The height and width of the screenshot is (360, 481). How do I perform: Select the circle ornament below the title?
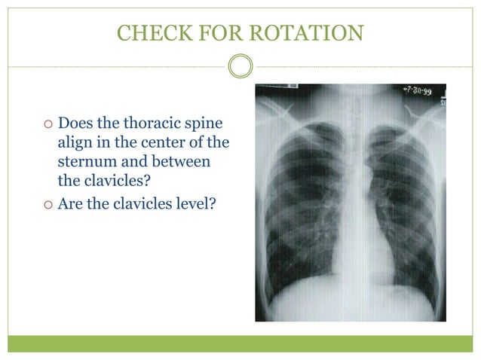pyautogui.click(x=240, y=66)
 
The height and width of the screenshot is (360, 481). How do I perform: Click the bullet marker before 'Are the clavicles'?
pyautogui.click(x=47, y=202)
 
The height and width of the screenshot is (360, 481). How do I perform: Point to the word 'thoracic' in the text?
pyautogui.click(x=157, y=123)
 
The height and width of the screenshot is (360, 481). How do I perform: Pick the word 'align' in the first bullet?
pyautogui.click(x=74, y=142)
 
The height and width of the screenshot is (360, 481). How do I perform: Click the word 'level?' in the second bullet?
pyautogui.click(x=195, y=201)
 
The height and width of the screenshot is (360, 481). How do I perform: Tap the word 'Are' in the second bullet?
pyautogui.click(x=70, y=201)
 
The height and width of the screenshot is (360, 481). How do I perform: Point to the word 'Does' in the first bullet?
pyautogui.click(x=74, y=123)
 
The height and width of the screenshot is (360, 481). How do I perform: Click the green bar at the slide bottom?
pyautogui.click(x=240, y=343)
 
